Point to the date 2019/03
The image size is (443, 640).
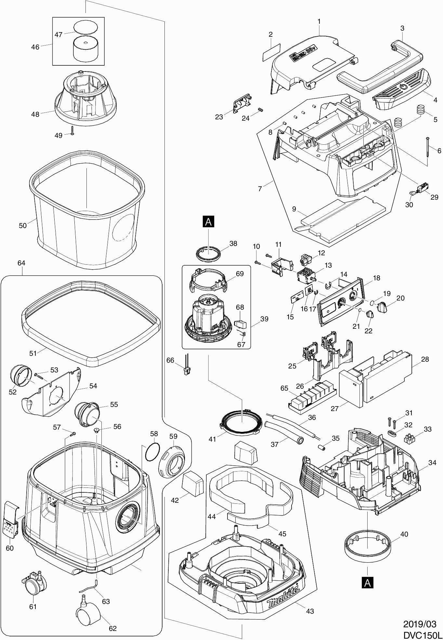tap(420, 624)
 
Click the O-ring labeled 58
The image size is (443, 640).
tap(151, 452)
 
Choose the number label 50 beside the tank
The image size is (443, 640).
tap(22, 225)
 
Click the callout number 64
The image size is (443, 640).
tap(21, 263)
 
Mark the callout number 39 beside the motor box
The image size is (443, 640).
tap(264, 319)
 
